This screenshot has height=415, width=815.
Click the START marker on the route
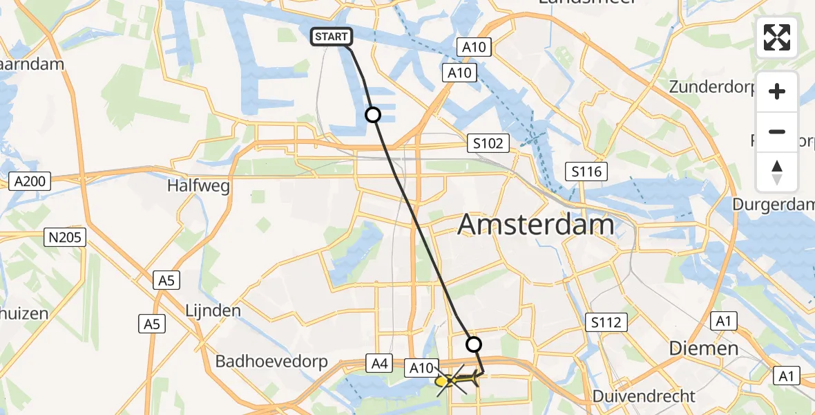point(332,37)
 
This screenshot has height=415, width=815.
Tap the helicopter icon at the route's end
point(456,380)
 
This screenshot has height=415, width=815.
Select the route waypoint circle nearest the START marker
point(373,115)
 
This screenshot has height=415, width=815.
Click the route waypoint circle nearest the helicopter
point(474,344)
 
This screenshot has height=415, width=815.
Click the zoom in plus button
point(777,92)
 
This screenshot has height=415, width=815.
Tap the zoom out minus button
point(777,131)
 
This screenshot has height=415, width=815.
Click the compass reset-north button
point(777,172)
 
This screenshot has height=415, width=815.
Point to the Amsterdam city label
point(535,225)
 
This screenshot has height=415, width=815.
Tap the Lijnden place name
point(213,310)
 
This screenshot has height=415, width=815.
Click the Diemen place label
point(704,348)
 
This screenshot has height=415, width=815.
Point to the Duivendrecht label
point(644,396)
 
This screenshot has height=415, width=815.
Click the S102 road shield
point(488,143)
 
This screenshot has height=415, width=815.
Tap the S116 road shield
point(586,171)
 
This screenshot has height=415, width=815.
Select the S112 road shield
point(606,322)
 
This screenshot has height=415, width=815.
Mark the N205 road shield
point(66,238)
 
